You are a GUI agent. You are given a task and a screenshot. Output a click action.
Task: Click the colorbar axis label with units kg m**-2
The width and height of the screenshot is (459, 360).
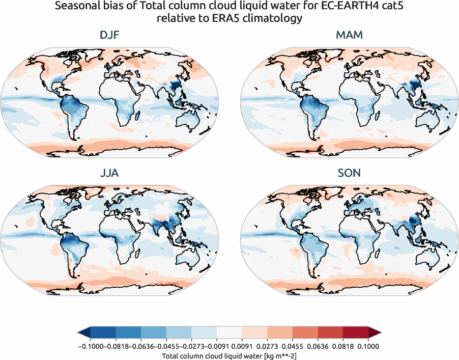tap(229, 356)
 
